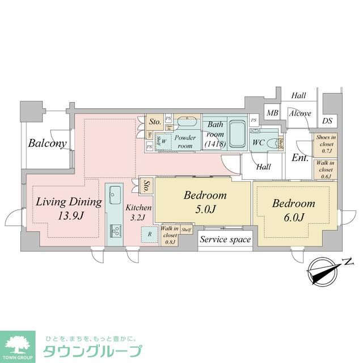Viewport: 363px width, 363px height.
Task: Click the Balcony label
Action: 48,143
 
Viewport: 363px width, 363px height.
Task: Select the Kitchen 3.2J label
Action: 138,212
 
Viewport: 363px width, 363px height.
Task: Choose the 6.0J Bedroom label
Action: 293,209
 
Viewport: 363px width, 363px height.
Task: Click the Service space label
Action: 225,240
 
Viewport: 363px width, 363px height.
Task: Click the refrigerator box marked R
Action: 149,234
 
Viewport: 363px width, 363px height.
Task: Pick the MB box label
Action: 273,113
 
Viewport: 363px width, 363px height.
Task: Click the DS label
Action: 327,120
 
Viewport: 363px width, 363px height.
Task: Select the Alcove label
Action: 299,113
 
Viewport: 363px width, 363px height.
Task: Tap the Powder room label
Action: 185,141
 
